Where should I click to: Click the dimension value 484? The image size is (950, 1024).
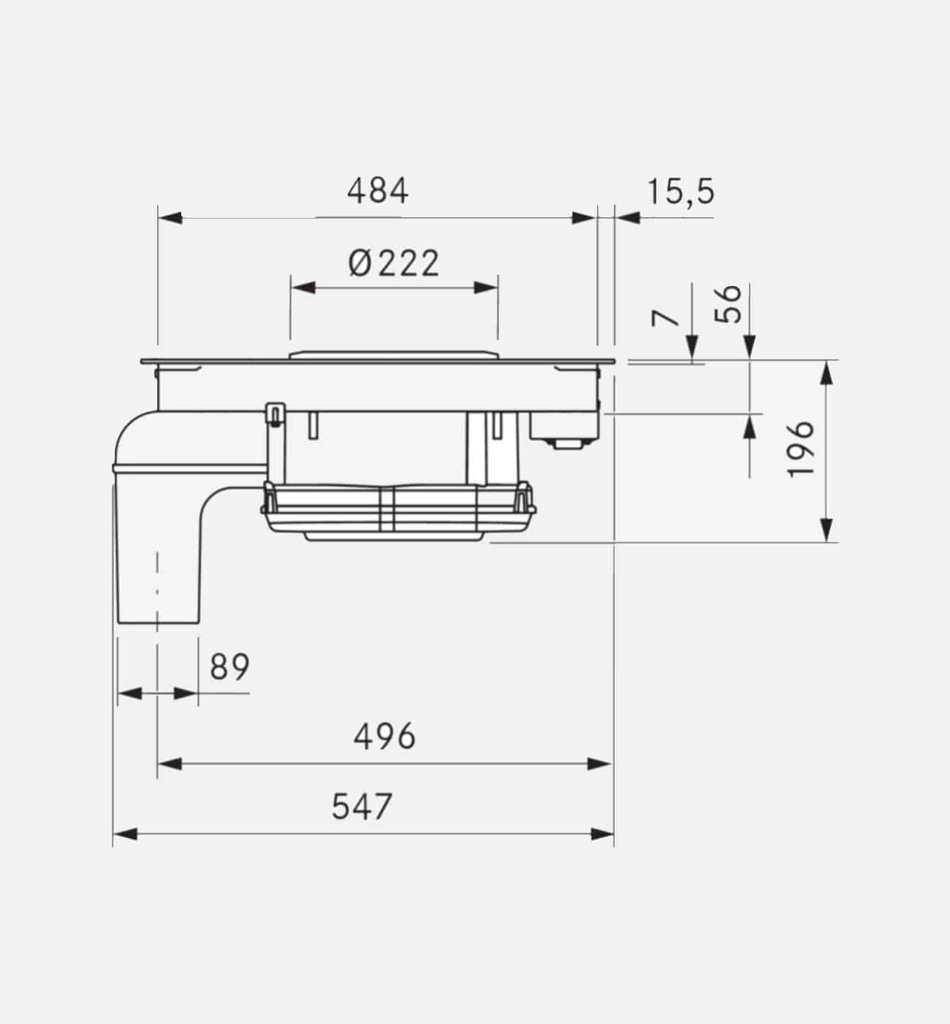click(377, 192)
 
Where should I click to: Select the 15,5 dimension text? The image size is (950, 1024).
click(680, 192)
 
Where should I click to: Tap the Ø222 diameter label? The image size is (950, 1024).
click(394, 263)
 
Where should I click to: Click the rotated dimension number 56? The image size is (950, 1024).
click(727, 304)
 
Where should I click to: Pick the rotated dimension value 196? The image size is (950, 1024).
click(801, 448)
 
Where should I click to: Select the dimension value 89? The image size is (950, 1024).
click(229, 667)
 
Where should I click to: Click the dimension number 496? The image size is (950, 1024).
click(384, 737)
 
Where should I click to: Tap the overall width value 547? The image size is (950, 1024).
click(362, 807)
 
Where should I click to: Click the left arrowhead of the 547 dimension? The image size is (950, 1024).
click(126, 833)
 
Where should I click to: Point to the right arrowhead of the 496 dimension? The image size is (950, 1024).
click(600, 764)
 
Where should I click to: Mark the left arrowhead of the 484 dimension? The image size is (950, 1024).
click(170, 218)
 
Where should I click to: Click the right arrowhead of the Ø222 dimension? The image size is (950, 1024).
click(487, 287)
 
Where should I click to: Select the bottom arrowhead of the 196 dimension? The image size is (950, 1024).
click(826, 530)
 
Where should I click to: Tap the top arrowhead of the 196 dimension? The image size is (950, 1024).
click(826, 373)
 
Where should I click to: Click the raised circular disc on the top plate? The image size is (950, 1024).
click(394, 355)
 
